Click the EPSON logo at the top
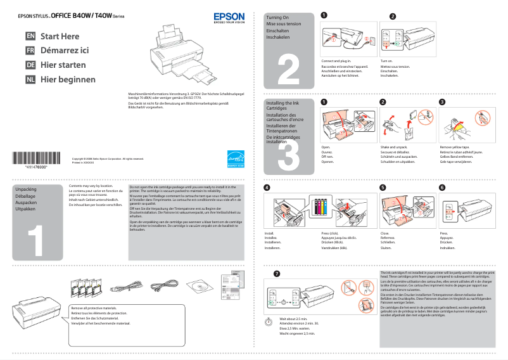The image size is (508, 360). tap(227, 18)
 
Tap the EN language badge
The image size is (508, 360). tap(30, 37)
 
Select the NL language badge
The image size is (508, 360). tap(30, 80)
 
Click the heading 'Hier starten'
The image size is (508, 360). tap(63, 65)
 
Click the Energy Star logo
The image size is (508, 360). tap(235, 159)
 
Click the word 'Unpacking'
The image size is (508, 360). tap(26, 190)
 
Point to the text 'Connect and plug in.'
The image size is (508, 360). tap(336, 61)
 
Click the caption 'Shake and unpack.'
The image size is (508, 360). tap(394, 147)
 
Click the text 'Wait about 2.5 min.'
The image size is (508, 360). tap(293, 319)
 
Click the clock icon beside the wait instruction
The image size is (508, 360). tap(266, 321)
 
